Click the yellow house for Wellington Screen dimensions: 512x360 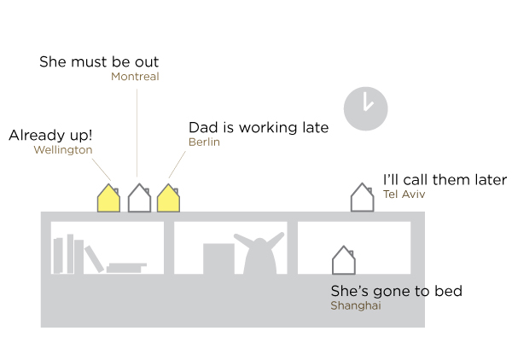pos(108,198)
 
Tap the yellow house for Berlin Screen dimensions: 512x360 pos(168,198)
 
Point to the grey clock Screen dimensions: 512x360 pos(366,108)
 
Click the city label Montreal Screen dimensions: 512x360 pos(135,77)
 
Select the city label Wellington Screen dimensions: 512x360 pos(63,150)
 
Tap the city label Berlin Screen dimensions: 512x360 pos(205,142)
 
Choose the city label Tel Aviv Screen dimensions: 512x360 pos(404,195)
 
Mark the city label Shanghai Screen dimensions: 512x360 pos(356,305)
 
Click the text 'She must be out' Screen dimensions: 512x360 pos(99,61)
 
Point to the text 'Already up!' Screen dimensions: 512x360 pos(50,135)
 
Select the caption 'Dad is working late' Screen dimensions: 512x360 pos(259,127)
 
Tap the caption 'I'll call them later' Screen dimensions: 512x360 pos(445,180)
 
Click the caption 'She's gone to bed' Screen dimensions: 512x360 pos(397,291)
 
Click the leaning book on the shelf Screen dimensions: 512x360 pos(94,258)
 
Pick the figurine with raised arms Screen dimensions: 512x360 pos(259,253)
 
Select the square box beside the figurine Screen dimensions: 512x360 pos(218,258)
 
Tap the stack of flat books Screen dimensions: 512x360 pos(126,268)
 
